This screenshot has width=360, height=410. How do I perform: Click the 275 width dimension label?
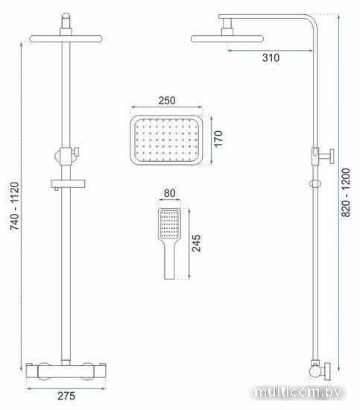point(66,396)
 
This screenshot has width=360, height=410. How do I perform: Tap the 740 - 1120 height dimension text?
point(15,206)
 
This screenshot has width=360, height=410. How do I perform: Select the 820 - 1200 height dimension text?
point(346,192)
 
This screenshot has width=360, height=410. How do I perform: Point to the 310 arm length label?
point(271,58)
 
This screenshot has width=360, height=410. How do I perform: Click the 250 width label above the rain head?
point(167,101)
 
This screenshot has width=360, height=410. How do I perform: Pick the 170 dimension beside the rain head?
point(218,139)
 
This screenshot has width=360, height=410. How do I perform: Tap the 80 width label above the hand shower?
point(169,193)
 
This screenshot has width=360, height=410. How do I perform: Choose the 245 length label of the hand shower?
point(196,243)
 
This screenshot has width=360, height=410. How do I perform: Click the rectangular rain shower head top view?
point(166,140)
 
